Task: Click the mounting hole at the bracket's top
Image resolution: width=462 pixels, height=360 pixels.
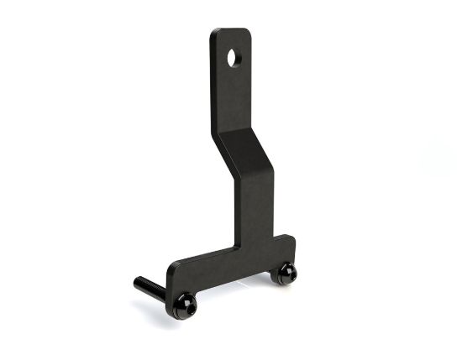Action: [x=234, y=58]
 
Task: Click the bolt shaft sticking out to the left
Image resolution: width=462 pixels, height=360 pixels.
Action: [x=151, y=287]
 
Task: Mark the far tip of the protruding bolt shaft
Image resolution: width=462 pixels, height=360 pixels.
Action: [x=137, y=281]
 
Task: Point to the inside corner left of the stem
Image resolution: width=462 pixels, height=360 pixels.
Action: [x=237, y=248]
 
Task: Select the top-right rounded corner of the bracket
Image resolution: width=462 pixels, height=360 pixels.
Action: [x=247, y=33]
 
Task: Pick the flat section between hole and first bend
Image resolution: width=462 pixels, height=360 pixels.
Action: [x=232, y=97]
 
